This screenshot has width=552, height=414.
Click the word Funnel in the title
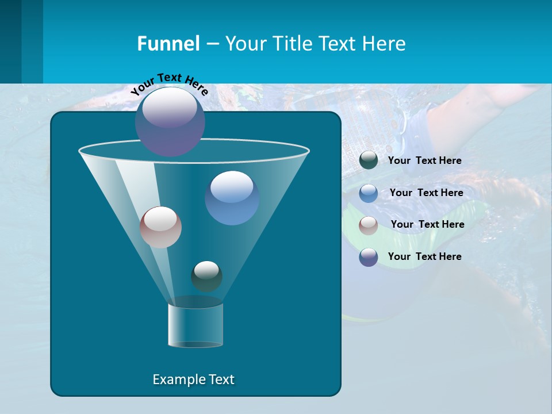[168, 44]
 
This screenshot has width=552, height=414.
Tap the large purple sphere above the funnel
[170, 121]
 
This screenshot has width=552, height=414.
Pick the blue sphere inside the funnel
[232, 197]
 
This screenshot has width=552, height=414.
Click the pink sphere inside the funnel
[160, 227]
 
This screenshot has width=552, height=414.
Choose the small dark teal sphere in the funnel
[206, 276]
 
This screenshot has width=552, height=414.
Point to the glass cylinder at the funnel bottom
[195, 325]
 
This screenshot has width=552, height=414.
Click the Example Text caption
[193, 379]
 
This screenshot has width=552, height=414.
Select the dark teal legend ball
[369, 160]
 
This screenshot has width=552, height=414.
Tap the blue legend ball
[369, 193]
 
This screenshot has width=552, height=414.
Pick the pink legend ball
[369, 225]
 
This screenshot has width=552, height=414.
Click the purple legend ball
[369, 257]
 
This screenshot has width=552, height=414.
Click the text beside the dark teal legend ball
[424, 161]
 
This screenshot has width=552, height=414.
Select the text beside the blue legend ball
[426, 193]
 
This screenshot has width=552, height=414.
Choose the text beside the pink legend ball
[427, 225]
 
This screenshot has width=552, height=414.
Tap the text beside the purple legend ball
[424, 257]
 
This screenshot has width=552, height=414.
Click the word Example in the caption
[175, 379]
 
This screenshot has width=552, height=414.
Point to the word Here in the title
[384, 44]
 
